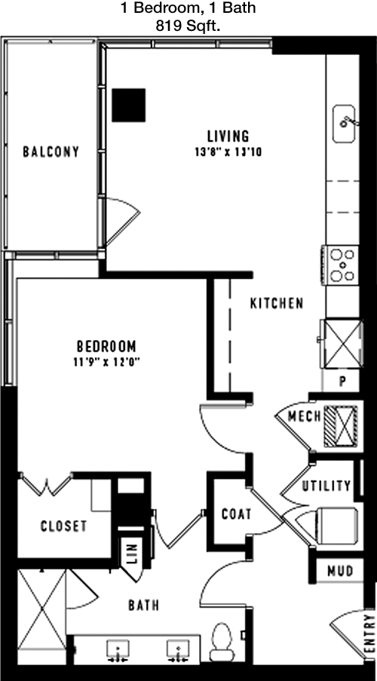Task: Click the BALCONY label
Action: point(51,152)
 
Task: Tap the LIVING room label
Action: point(228,137)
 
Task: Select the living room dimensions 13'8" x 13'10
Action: point(228,152)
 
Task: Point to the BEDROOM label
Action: point(106,346)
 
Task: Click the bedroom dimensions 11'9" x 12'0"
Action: point(107,362)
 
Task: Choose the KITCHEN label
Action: point(277,303)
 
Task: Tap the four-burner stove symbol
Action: point(342,265)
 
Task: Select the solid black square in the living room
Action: point(129,105)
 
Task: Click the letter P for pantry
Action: point(342,382)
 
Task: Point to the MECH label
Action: point(305,416)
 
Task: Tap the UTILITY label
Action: point(326,486)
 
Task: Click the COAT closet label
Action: point(236,514)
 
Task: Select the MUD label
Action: point(339,570)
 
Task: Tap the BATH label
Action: point(144,605)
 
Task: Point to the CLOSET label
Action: point(63,526)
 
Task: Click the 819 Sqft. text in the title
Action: point(188,26)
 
